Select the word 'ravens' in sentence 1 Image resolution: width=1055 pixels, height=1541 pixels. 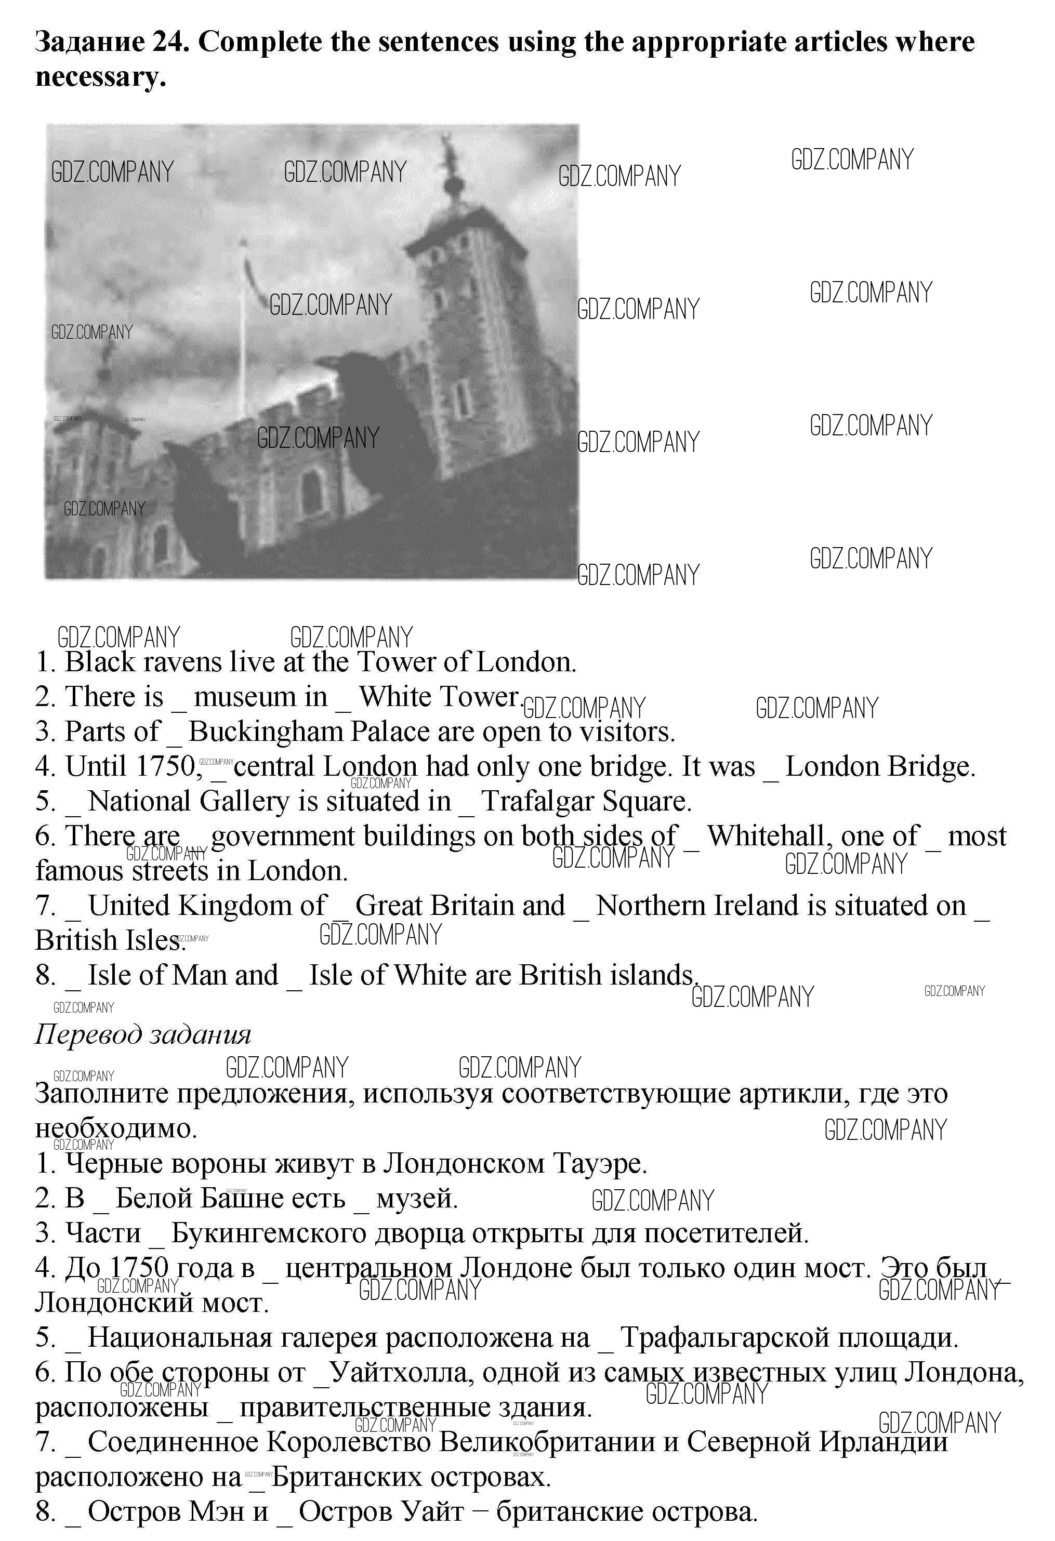pos(180,662)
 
